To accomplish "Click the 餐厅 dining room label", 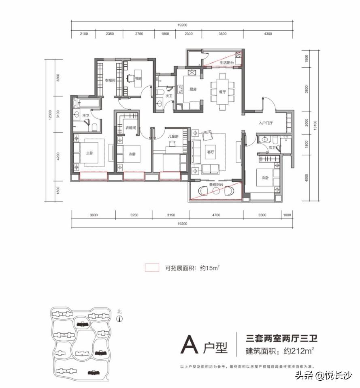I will pos(222,92).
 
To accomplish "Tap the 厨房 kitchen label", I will pos(193,90).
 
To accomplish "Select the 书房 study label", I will pos(138,78).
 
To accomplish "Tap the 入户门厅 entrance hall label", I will pos(266,123).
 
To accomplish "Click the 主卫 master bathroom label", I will pos(85,116).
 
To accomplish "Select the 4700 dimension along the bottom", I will pos(215,215).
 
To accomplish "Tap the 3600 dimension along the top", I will pos(222,34).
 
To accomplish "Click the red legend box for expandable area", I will pos(152,267).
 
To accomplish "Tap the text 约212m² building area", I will pos(298,351).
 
